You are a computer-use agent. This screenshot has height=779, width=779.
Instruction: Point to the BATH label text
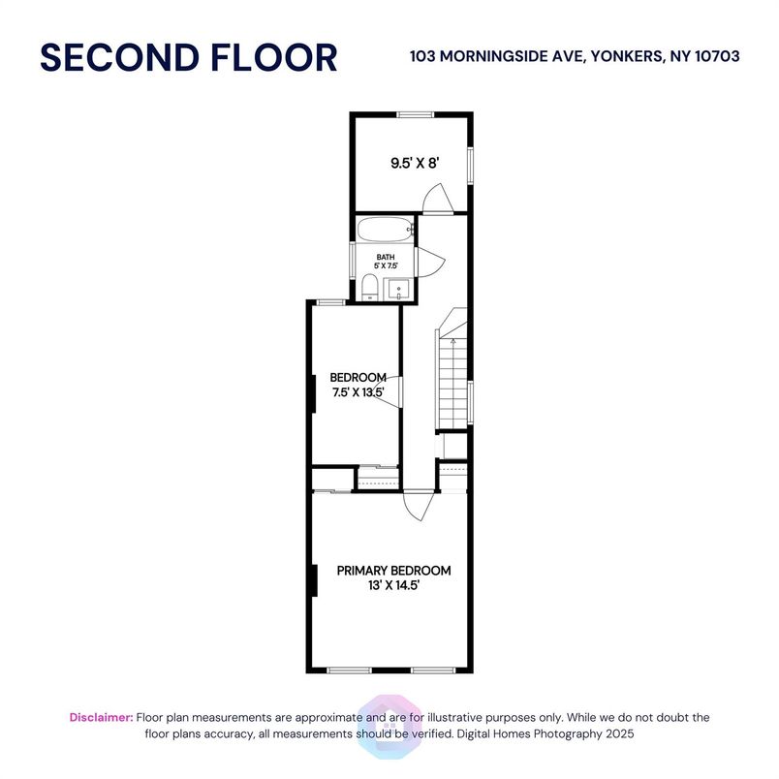(386, 257)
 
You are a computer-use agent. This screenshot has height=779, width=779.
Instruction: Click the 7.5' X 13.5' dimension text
(358, 392)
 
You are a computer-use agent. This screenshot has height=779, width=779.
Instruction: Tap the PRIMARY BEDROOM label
(393, 571)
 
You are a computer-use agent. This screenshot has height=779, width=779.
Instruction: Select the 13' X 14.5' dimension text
(393, 586)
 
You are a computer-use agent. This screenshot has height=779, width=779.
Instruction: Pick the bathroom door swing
(430, 260)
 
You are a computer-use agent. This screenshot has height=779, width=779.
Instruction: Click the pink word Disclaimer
(101, 718)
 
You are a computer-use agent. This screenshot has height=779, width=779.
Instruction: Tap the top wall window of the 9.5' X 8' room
(414, 114)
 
